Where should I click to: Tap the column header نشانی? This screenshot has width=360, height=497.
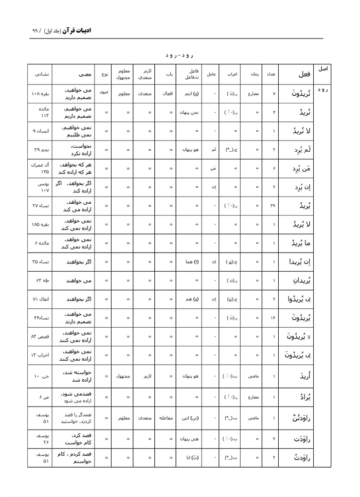coord(42,74)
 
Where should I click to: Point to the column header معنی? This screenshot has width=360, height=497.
coord(78,74)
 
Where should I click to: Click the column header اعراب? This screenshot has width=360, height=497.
coord(232,74)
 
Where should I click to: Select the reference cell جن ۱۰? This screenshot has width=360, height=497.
coord(41,376)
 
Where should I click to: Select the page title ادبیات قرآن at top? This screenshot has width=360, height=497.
coord(75,30)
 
